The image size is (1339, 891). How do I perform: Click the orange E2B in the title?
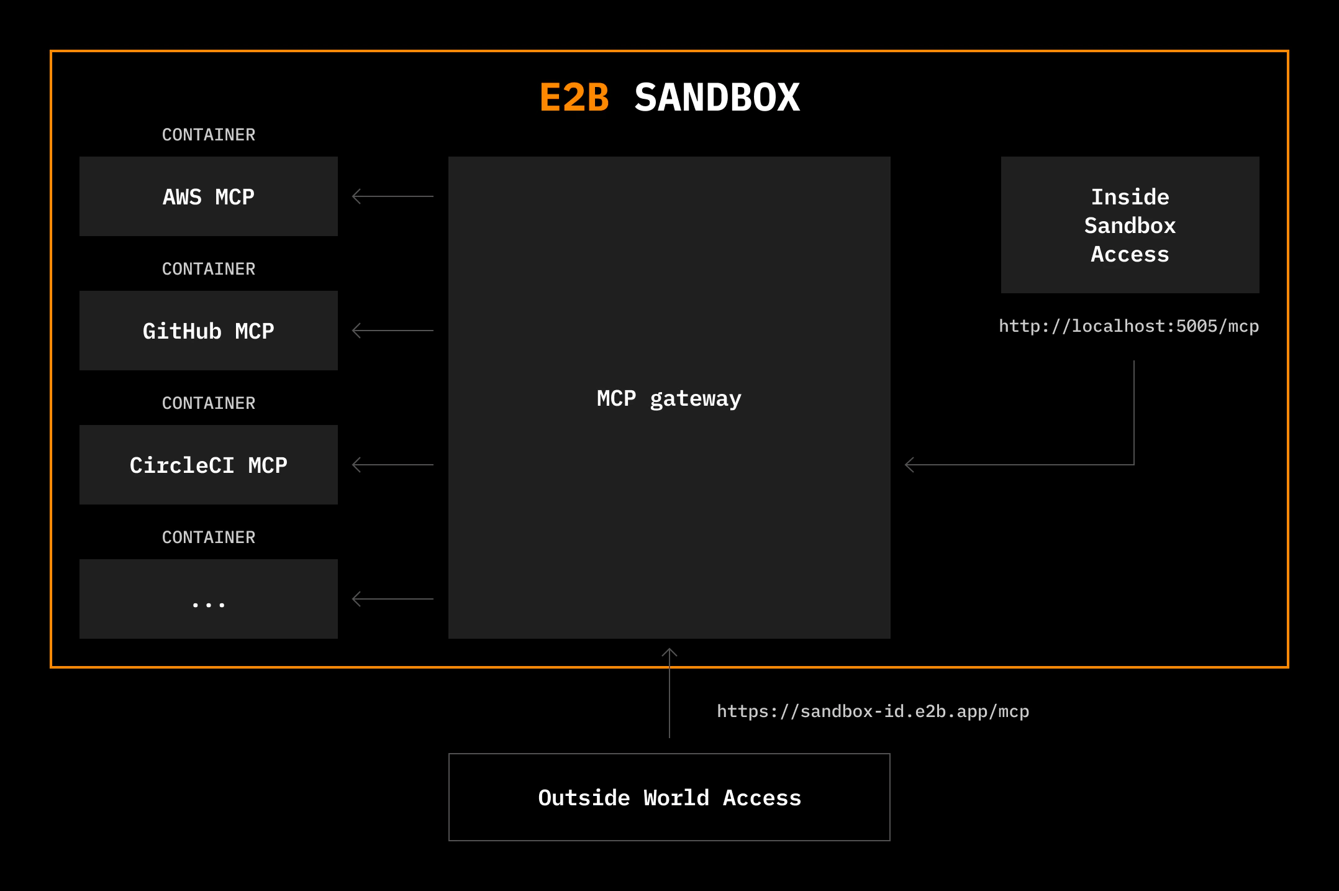coord(574,98)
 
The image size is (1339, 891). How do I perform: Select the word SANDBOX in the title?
coord(717,98)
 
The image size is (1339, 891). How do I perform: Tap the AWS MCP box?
coord(209,196)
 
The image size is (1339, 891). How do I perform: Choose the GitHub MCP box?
coord(209,331)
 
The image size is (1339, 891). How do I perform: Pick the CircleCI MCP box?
coord(209,465)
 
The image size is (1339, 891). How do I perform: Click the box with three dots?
coord(209,599)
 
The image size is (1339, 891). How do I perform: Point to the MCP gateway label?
coord(669,399)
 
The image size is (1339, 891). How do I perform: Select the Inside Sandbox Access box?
coord(1130,225)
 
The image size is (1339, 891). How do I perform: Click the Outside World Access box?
coord(669,797)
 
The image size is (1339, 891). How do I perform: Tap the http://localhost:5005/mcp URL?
coord(1129,326)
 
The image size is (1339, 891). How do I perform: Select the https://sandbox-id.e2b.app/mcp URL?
coord(873,711)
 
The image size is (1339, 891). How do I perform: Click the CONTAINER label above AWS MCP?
coord(209,135)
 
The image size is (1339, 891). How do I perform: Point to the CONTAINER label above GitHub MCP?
coord(209,269)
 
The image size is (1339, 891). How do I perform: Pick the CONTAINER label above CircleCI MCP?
coord(209,403)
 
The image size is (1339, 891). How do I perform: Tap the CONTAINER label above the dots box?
coord(209,537)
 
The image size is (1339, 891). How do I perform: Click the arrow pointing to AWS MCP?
coord(393,196)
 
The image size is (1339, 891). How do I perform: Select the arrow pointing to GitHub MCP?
coord(393,331)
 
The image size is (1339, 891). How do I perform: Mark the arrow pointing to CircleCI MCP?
coord(393,465)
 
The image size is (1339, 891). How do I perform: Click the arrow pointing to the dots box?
coord(393,599)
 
